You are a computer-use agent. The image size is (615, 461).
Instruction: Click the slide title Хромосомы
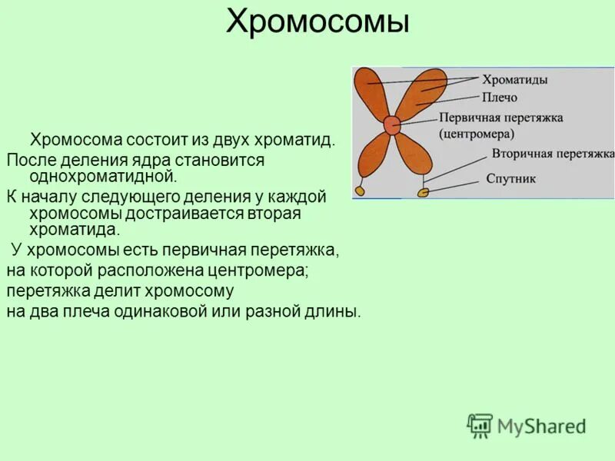(317, 22)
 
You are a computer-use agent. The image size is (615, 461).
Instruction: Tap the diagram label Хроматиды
(514, 79)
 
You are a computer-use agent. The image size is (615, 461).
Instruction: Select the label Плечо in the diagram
(500, 98)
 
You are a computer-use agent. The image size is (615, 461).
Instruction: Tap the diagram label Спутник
(511, 179)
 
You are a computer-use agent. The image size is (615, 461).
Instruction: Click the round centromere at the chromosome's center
(392, 126)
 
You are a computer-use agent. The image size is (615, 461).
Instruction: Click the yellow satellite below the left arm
(359, 190)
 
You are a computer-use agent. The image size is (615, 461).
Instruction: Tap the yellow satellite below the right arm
(423, 192)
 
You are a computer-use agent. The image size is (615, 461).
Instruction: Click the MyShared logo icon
(480, 425)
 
